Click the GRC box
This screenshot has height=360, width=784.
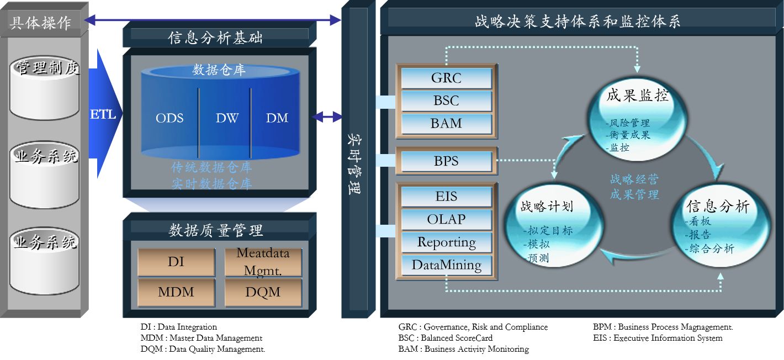click(446, 78)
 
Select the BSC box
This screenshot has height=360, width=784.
click(446, 101)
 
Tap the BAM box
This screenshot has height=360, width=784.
click(446, 123)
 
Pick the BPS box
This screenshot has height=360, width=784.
click(446, 162)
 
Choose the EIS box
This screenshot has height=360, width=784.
click(446, 197)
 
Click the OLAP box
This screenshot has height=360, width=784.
click(446, 219)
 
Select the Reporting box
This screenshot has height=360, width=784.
click(446, 242)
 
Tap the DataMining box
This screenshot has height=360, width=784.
click(446, 265)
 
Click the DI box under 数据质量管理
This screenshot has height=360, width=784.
click(176, 262)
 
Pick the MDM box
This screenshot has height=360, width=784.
click(176, 292)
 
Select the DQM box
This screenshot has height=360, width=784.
click(263, 292)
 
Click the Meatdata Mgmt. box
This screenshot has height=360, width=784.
click(263, 262)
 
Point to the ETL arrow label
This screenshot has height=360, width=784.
click(103, 115)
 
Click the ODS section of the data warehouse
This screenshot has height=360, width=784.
click(169, 118)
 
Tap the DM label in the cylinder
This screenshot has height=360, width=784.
click(277, 118)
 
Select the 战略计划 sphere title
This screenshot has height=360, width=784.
click(547, 207)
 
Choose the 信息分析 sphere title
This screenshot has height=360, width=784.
click(718, 207)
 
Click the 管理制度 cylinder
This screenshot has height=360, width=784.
click(45, 88)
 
